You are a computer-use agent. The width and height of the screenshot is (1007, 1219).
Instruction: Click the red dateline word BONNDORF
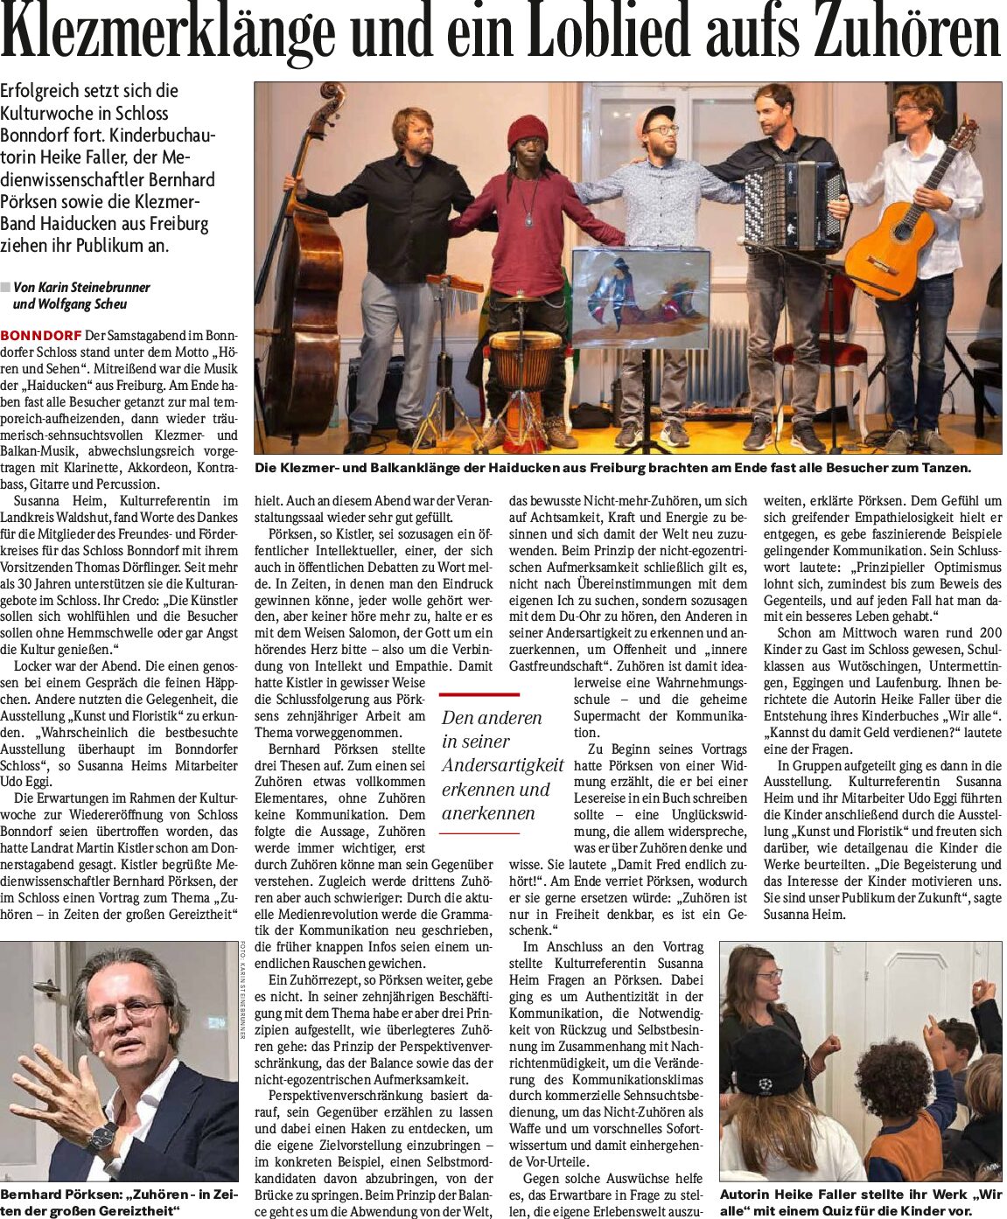pos(41,336)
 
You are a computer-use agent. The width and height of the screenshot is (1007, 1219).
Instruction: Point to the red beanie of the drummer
pos(527,132)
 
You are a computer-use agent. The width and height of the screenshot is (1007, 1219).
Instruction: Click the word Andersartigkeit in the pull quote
pos(502,765)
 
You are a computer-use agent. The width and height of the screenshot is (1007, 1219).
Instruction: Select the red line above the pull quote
pos(479,694)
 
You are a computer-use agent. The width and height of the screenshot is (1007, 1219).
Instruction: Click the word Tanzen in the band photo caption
pos(943,468)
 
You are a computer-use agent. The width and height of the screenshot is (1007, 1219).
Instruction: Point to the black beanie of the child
pos(767,1059)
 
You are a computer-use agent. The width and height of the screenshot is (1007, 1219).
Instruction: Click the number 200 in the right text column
pos(990,632)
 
